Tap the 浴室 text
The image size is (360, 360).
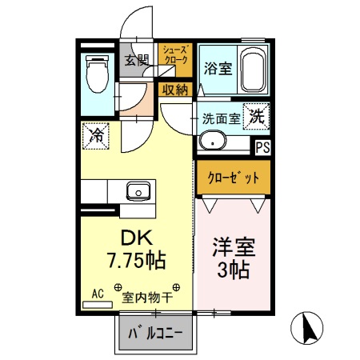[x=218, y=67]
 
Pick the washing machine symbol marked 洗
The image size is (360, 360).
[x=256, y=115]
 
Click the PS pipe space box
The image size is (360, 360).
[x=262, y=146]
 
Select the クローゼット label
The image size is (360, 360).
[x=233, y=178]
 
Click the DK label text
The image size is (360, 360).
[x=137, y=238]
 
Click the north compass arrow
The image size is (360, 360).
[x=311, y=328]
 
